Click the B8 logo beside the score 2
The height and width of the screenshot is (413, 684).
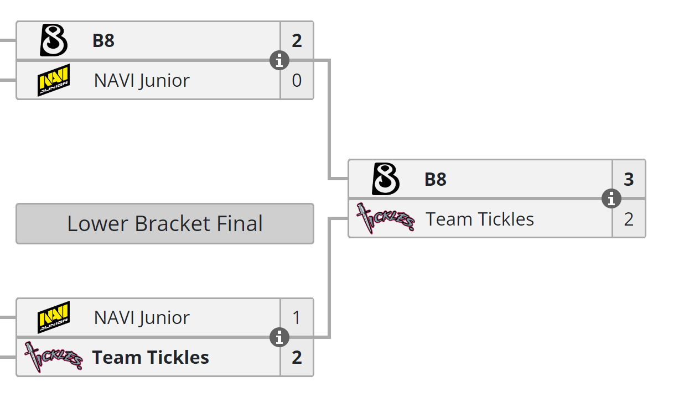[x=54, y=41]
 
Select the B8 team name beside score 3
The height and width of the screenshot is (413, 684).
[x=435, y=180]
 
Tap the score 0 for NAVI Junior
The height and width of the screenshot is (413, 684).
[x=297, y=81]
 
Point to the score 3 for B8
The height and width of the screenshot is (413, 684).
[x=629, y=180]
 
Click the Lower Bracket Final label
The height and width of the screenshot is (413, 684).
[x=165, y=224]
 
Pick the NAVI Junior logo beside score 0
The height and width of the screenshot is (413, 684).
[x=54, y=81]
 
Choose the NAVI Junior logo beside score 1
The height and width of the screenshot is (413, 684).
[x=54, y=317]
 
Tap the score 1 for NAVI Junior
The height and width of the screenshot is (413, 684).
[x=297, y=317]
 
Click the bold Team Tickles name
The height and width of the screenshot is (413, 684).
[x=151, y=358]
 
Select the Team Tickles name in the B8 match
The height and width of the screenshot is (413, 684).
[x=480, y=219]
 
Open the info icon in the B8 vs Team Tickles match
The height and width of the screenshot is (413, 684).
[x=612, y=198]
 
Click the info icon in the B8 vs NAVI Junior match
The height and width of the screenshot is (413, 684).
[x=279, y=60]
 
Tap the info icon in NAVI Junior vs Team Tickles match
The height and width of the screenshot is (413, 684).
[x=279, y=337]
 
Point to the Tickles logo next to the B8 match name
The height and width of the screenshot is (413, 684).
[x=386, y=218]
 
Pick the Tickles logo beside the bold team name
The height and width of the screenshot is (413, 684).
[x=54, y=357]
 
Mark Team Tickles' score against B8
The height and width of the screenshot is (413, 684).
[x=629, y=219]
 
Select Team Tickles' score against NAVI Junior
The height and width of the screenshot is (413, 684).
[x=297, y=358]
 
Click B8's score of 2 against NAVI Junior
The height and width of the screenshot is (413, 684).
[x=297, y=41]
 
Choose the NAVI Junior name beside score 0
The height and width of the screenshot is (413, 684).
[x=142, y=81]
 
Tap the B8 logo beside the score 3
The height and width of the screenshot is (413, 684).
[x=386, y=179]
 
